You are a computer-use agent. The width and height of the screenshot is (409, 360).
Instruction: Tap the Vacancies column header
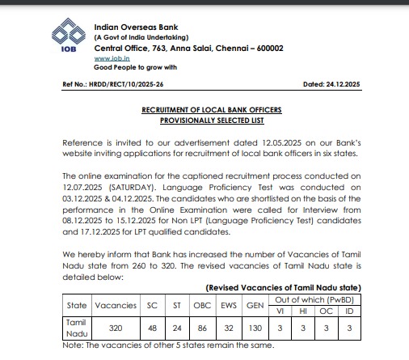(x=116, y=305)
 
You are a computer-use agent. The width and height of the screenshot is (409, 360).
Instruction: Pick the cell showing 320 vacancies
(x=116, y=328)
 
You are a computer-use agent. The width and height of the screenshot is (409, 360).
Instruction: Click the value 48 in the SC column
(x=154, y=328)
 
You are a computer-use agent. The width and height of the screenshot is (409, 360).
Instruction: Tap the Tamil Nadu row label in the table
(x=74, y=328)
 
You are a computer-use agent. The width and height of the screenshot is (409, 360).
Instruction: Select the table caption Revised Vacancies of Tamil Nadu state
(x=283, y=288)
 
